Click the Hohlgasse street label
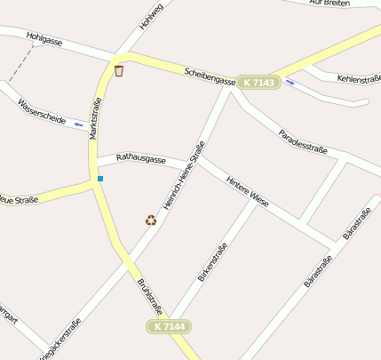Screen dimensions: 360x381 tap(44, 38)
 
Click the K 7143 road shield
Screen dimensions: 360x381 tap(258, 83)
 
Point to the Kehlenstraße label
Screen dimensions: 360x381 tap(359, 79)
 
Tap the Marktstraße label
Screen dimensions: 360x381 tap(94, 119)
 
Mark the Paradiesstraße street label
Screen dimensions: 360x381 tap(303, 141)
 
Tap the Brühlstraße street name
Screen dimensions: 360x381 tap(149, 297)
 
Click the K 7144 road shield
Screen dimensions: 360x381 tap(169, 327)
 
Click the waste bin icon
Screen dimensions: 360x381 tap(118, 70)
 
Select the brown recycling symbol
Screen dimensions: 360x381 tap(151, 220)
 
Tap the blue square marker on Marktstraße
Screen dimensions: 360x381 tap(100, 179)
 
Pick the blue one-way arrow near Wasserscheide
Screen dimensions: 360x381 tap(79, 124)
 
